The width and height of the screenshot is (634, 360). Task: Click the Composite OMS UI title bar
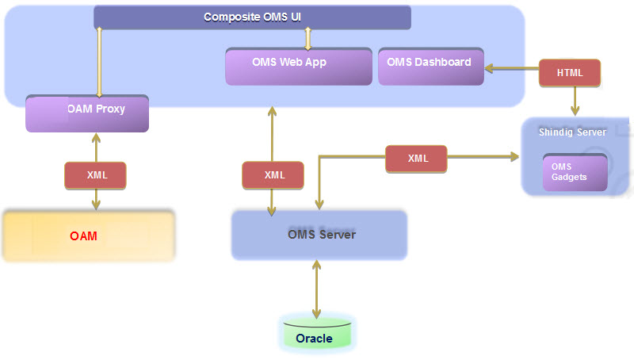pyautogui.click(x=252, y=17)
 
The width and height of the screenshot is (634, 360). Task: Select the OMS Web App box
pyautogui.click(x=299, y=67)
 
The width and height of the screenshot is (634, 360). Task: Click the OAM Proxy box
pyautogui.click(x=87, y=113)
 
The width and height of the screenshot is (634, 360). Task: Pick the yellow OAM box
pyautogui.click(x=88, y=236)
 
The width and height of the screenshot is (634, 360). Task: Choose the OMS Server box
pyautogui.click(x=319, y=235)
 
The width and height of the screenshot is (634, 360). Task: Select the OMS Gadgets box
pyautogui.click(x=575, y=172)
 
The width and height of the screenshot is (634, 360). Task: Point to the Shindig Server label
pyautogui.click(x=572, y=132)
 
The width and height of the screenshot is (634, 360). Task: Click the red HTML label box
pyautogui.click(x=570, y=73)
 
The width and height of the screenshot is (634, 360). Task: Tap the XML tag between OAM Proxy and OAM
pyautogui.click(x=96, y=175)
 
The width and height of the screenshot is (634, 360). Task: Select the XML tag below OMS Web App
pyautogui.click(x=273, y=175)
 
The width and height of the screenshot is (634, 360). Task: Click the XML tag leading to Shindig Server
pyautogui.click(x=416, y=159)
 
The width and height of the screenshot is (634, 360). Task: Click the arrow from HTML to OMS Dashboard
pyautogui.click(x=511, y=70)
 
